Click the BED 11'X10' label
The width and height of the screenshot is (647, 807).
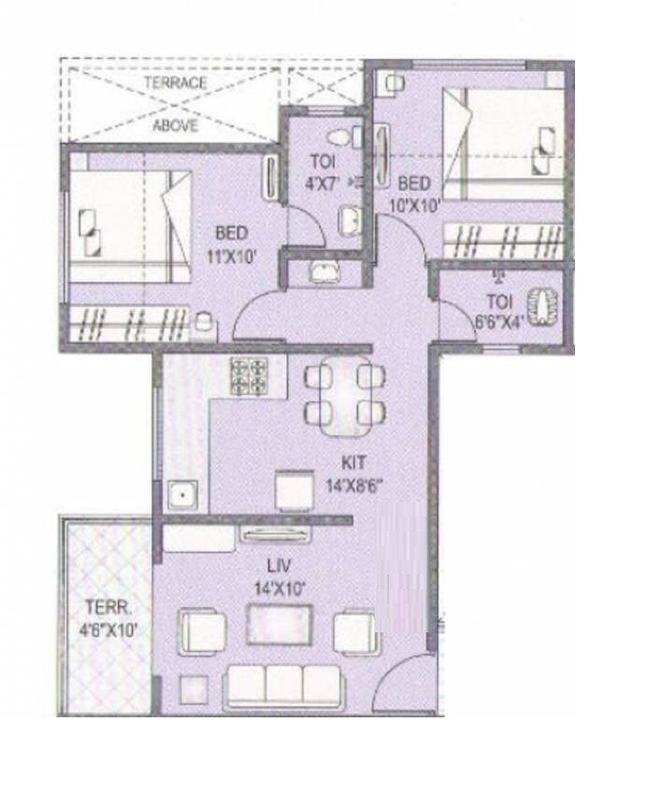(231, 243)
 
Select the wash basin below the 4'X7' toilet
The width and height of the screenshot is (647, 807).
(324, 273)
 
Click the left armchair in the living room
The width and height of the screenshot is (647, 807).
(201, 632)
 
